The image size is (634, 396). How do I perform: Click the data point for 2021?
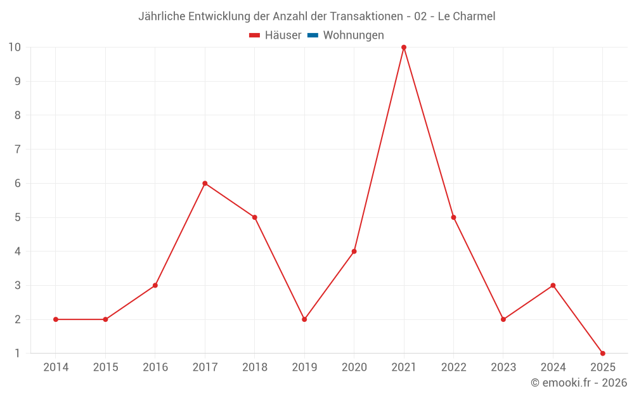coord(404,48)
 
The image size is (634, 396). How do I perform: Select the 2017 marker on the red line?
coord(205,183)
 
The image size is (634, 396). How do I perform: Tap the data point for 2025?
coord(602,353)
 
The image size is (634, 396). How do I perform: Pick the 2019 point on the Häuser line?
coord(304,319)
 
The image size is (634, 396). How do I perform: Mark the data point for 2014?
coord(56,319)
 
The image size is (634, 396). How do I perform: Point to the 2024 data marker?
coord(553,285)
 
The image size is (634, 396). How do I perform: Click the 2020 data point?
coord(354,252)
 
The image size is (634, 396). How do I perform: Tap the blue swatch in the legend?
coord(313,35)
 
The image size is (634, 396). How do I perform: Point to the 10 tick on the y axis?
coord(15,47)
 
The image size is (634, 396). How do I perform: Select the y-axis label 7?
coord(18,149)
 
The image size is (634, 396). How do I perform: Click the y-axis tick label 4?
coord(18,252)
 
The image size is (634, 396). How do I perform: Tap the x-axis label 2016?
coord(155,367)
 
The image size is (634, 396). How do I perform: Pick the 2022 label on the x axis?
coord(453,367)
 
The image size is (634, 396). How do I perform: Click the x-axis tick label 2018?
coord(255,367)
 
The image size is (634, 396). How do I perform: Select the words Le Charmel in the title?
coord(467,16)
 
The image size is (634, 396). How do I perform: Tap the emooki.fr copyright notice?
coord(579,383)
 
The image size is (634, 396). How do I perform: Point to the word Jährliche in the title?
coord(162,16)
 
